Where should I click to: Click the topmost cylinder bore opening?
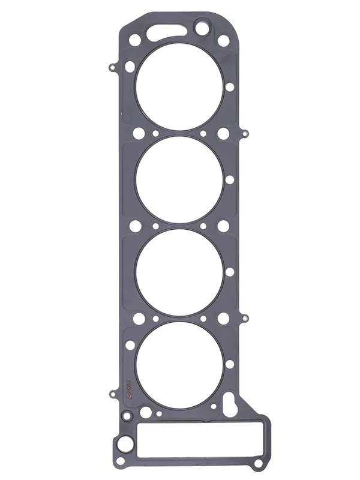tap(180, 87)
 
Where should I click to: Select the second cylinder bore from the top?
tap(180, 179)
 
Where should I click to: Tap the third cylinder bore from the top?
tap(180, 272)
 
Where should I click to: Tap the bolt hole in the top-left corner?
tap(135, 40)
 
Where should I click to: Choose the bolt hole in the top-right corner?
tap(223, 41)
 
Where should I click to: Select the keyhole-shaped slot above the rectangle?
tap(231, 403)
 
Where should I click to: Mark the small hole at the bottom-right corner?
tap(257, 464)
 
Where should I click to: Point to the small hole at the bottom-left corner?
tap(120, 460)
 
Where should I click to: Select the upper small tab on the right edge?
tap(245, 132)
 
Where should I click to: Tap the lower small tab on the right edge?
tap(245, 317)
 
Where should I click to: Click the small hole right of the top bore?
tap(230, 87)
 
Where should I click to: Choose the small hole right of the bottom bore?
tap(230, 364)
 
